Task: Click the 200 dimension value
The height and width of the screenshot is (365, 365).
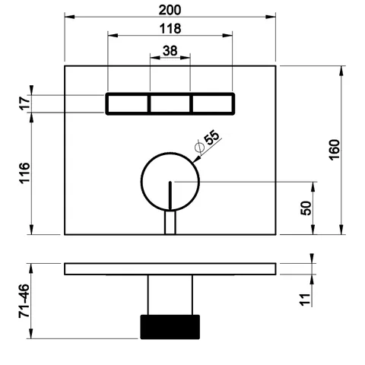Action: click(x=170, y=10)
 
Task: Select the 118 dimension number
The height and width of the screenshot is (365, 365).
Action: click(x=170, y=29)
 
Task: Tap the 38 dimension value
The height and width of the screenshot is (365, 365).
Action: click(x=170, y=51)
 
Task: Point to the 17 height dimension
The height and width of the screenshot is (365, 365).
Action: click(x=25, y=103)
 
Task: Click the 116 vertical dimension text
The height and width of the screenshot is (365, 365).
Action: click(x=25, y=173)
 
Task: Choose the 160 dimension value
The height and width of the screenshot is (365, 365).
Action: click(x=335, y=150)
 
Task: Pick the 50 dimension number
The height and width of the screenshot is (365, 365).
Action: click(x=306, y=208)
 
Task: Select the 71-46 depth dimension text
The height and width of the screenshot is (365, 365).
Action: click(x=24, y=301)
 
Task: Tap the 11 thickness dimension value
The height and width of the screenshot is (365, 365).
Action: click(x=306, y=300)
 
